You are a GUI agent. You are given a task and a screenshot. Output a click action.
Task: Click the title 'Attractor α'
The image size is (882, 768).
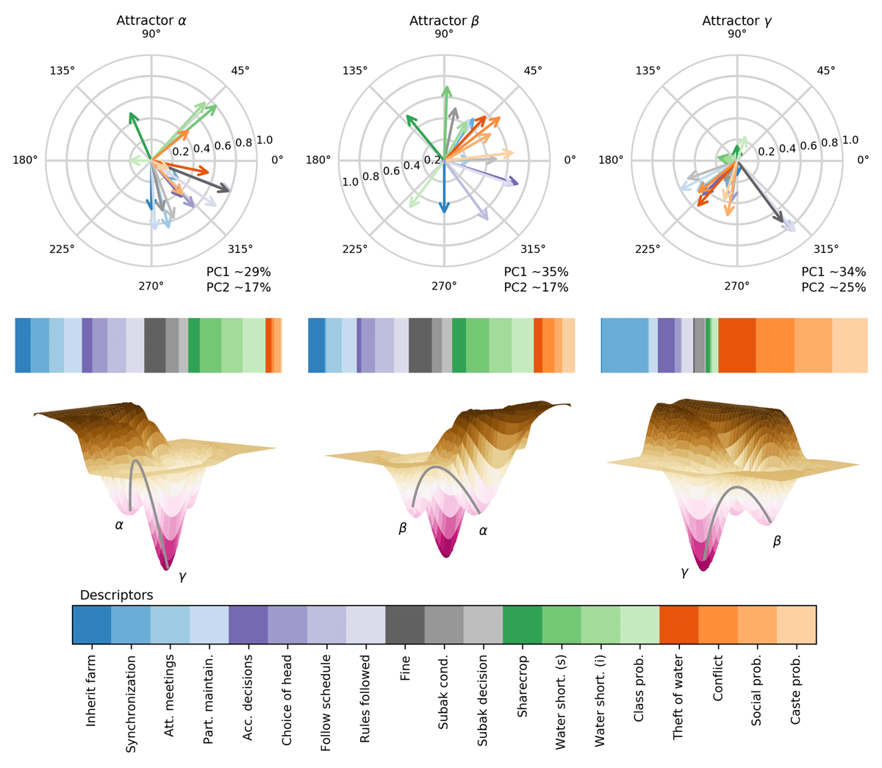151,21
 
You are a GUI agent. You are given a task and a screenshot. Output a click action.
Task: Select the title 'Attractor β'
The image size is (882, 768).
444,21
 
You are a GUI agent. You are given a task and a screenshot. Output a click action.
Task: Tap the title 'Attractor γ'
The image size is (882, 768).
737,21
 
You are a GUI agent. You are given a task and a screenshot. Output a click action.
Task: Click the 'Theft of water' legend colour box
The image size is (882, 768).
679,625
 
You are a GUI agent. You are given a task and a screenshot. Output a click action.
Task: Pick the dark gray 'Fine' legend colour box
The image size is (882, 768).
405,625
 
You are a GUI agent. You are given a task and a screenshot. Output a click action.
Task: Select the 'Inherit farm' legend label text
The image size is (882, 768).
91,691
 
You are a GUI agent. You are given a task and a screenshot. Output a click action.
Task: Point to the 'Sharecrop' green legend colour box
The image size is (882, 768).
522,625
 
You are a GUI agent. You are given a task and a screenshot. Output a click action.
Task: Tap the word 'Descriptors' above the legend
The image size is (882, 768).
116,595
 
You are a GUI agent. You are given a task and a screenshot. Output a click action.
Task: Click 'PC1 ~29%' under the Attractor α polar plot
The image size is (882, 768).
239,272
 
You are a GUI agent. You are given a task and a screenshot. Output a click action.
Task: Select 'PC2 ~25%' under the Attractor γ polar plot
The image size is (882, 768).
833,287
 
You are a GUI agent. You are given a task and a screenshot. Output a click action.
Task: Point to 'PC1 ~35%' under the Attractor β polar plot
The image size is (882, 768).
536,272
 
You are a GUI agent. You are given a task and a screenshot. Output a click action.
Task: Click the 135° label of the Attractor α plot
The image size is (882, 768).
62,71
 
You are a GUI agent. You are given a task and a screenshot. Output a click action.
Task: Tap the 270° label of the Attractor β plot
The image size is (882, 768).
444,286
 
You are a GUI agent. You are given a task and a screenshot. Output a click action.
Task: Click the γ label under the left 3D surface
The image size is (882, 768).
182,578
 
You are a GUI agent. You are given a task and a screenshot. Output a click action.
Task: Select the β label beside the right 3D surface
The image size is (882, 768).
777,542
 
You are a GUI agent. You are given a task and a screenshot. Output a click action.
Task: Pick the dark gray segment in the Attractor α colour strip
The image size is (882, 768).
155,345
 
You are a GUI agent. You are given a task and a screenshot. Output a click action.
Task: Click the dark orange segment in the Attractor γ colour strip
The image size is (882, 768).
737,345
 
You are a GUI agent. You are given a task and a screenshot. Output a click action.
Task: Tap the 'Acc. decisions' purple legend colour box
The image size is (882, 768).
248,625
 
